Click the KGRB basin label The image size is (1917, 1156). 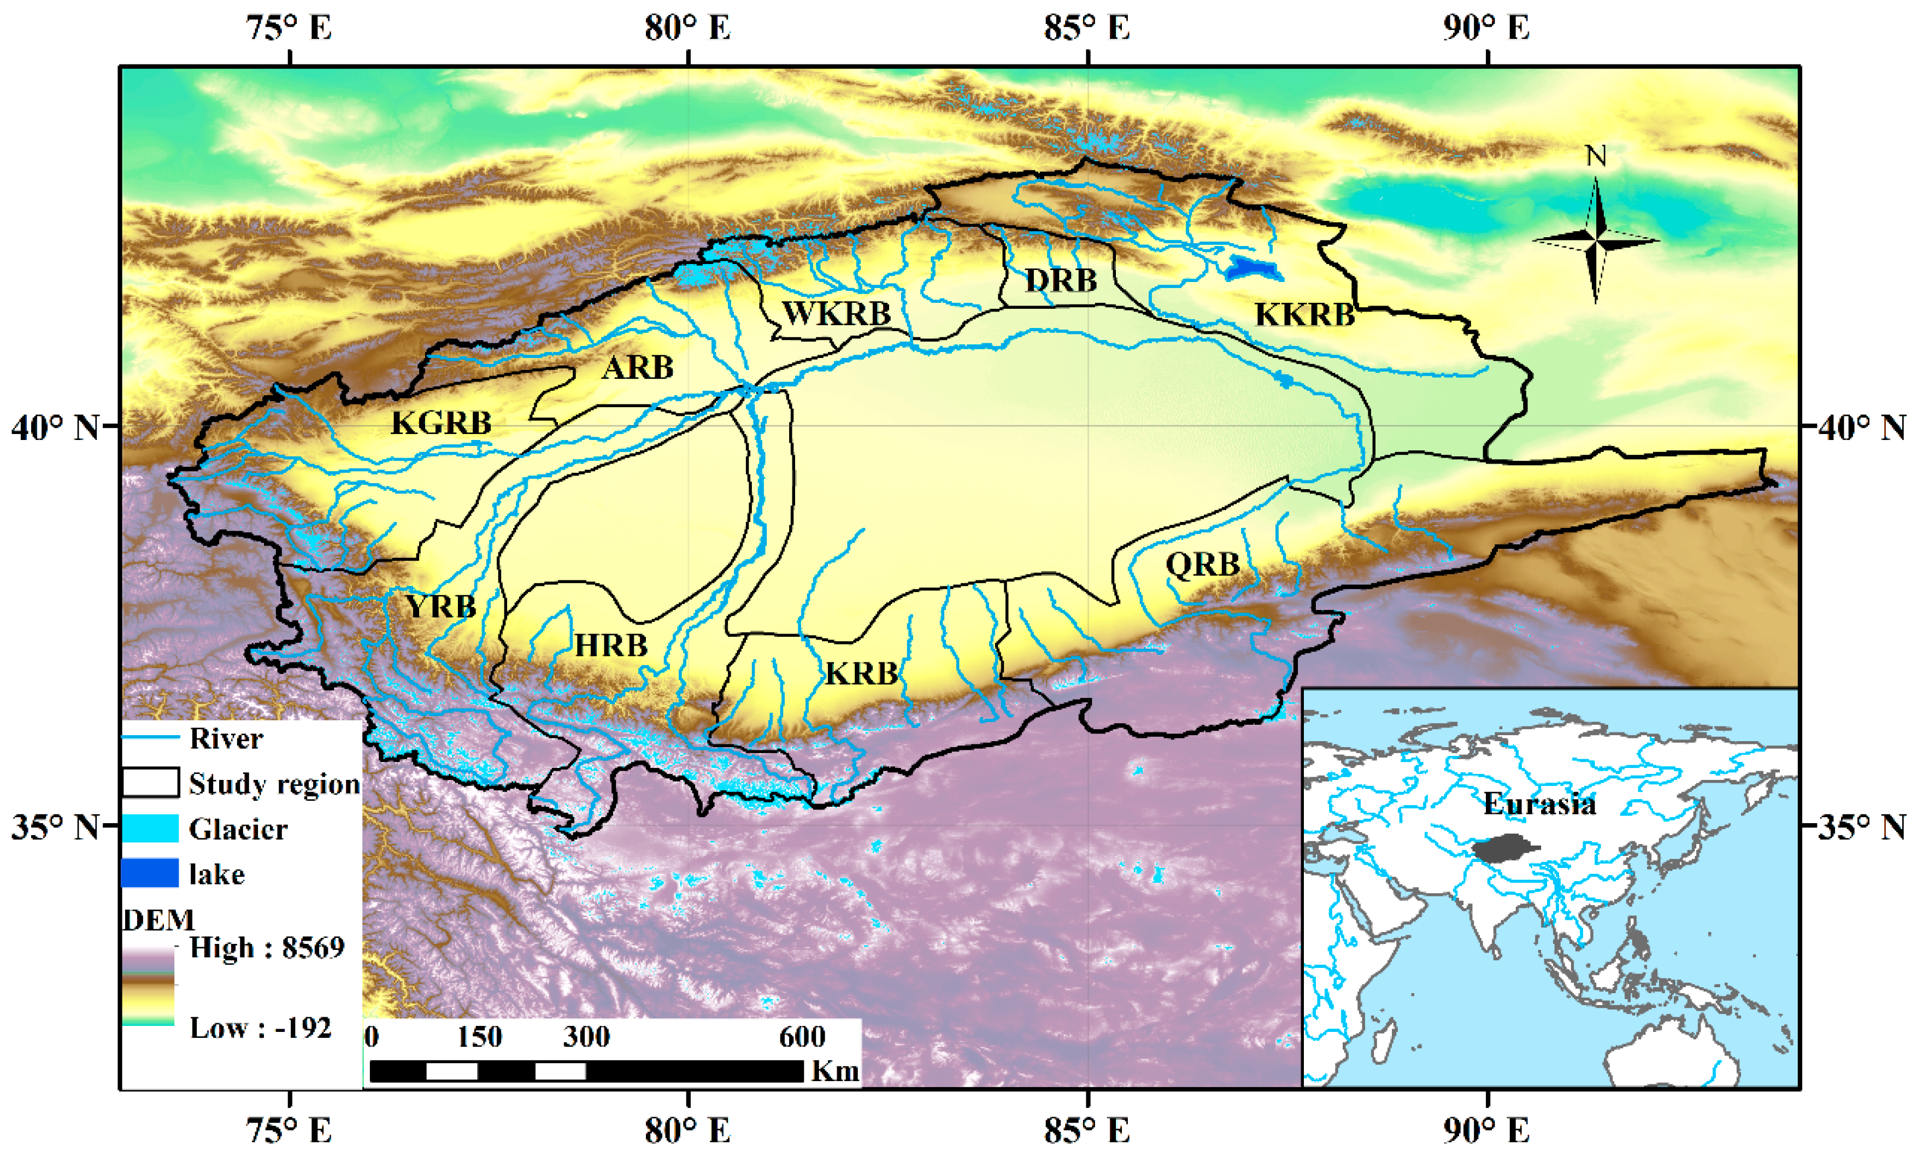(441, 423)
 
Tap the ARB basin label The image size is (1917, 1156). (637, 367)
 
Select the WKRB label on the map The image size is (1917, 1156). (836, 314)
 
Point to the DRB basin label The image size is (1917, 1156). (1061, 280)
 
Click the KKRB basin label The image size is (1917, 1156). (1305, 314)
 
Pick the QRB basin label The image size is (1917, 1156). (1202, 564)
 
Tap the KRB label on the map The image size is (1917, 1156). (861, 673)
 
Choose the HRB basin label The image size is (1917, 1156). (611, 645)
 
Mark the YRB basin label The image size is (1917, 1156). (440, 606)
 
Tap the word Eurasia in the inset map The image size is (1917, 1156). (1539, 803)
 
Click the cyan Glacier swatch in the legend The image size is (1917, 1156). (150, 829)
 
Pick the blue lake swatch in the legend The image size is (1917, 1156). (150, 873)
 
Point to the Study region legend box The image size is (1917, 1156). (150, 783)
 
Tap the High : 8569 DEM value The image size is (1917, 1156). (267, 948)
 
